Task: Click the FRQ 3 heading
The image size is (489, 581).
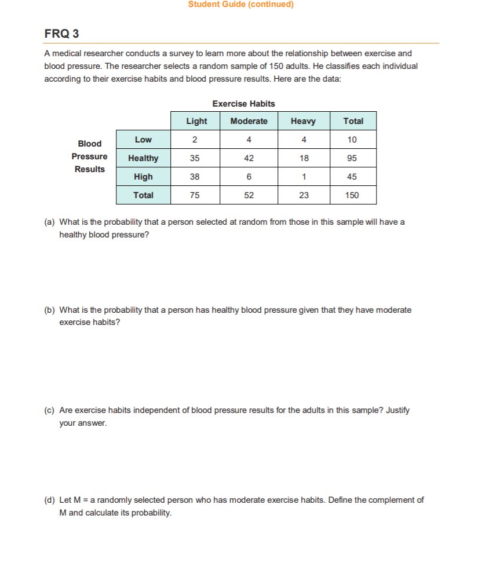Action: tap(61, 34)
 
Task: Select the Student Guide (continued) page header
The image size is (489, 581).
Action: tap(240, 5)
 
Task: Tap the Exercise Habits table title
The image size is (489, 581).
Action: tap(243, 104)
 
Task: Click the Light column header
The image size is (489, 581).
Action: tap(196, 121)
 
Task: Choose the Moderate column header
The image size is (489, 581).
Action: tap(249, 121)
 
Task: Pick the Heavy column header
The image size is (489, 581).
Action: tap(303, 121)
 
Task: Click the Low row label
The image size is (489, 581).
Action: tap(143, 140)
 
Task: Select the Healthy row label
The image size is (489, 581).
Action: tap(143, 158)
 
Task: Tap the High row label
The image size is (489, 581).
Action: tap(143, 177)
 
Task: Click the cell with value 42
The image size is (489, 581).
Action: tap(249, 158)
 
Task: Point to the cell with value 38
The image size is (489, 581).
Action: tap(195, 177)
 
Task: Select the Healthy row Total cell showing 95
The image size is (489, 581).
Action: tap(352, 158)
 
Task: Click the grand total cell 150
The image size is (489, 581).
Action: tap(352, 195)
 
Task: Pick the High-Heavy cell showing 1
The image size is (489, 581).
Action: tap(304, 177)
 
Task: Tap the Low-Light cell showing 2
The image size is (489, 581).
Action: tap(195, 140)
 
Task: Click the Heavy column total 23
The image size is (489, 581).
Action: tap(304, 195)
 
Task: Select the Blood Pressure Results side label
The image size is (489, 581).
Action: tap(89, 156)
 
